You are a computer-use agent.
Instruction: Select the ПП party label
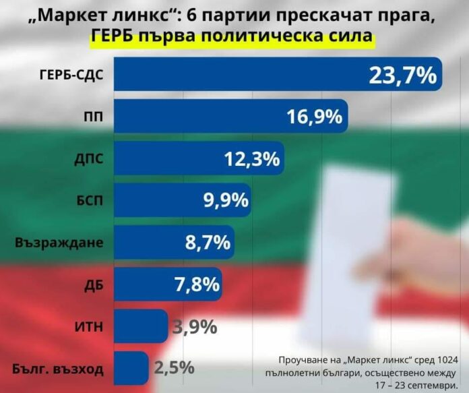tap(93, 117)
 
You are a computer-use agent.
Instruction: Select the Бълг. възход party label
tap(58, 369)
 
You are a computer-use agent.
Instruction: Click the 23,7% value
tap(402, 75)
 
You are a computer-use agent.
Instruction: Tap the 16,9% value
tap(314, 117)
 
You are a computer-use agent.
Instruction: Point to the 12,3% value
tap(251, 159)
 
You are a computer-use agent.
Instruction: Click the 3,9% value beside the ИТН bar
tap(195, 328)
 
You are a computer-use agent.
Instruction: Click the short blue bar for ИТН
tap(137, 327)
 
